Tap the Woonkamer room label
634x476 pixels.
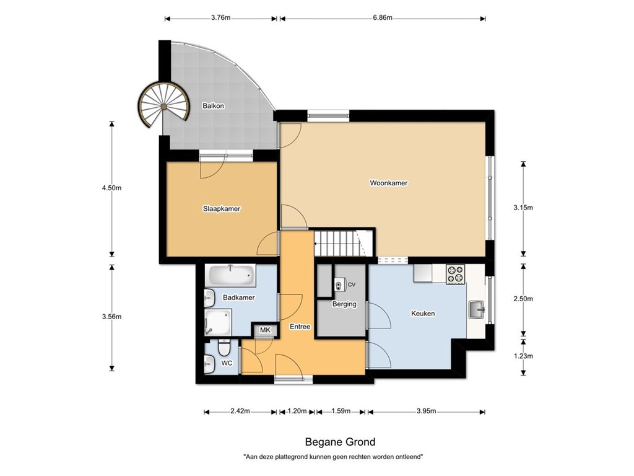[x=388, y=183]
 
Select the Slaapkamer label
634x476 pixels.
[x=221, y=209]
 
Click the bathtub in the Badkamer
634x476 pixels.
[x=231, y=275]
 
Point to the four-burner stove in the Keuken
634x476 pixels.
[x=455, y=274]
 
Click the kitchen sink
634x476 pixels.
[x=476, y=308]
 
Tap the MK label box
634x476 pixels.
[x=265, y=330]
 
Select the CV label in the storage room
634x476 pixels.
[x=352, y=284]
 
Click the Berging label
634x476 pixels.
[x=344, y=304]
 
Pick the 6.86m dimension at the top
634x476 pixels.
[x=383, y=18]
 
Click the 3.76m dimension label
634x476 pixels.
[x=220, y=18]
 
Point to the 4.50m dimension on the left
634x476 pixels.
[x=112, y=188]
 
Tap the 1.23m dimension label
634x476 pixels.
[x=523, y=356]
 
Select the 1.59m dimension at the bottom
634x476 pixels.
[x=341, y=411]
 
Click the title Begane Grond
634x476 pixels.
[x=340, y=442]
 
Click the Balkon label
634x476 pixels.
[x=213, y=106]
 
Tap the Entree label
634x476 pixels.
[x=300, y=327]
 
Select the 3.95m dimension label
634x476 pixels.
[x=426, y=411]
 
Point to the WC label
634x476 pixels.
[x=227, y=363]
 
